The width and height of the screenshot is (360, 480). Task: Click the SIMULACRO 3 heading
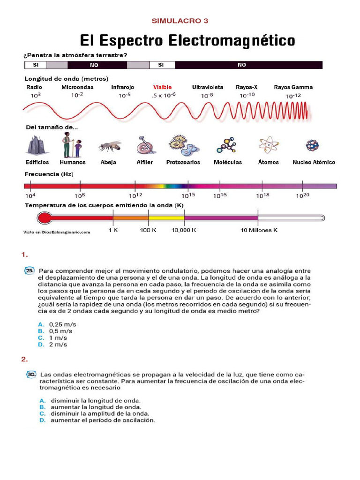[x=180, y=21]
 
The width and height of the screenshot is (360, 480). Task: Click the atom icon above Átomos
[x=268, y=145]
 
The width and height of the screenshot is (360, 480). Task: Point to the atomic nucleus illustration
[x=312, y=145]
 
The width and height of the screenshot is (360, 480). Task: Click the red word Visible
[x=162, y=87]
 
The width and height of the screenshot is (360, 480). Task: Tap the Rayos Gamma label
[x=293, y=87]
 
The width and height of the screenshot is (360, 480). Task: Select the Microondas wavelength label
[x=77, y=87]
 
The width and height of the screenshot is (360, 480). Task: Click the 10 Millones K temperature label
[x=259, y=231]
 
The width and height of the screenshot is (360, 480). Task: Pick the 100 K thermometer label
[x=148, y=231]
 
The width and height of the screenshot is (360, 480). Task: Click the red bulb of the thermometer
[x=45, y=217]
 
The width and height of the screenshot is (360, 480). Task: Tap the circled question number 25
[x=30, y=271]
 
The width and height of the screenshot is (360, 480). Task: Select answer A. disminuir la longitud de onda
[x=90, y=401]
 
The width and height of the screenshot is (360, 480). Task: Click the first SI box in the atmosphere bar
[x=35, y=65]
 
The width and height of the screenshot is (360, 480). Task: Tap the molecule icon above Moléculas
[x=227, y=146]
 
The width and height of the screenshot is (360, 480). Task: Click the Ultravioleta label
[x=208, y=87]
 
